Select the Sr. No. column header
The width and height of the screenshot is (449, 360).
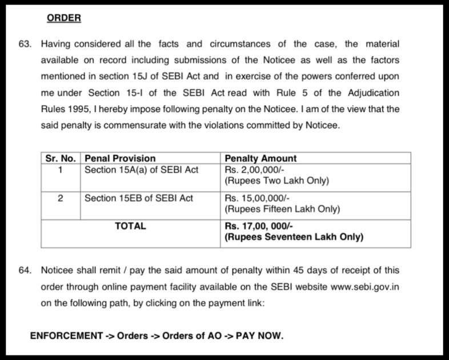[x=61, y=158]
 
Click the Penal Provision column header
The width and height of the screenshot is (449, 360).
[x=120, y=158]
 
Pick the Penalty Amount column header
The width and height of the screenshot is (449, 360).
[x=261, y=158]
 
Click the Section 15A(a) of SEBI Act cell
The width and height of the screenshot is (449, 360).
[x=141, y=170]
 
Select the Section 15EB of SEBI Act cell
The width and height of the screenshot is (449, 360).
[x=139, y=198]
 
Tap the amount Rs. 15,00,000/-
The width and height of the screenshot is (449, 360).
[x=259, y=198]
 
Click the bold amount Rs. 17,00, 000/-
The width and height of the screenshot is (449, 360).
[x=260, y=226]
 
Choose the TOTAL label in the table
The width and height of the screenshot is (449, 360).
[x=130, y=226]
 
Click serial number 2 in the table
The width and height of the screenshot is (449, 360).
[x=61, y=198]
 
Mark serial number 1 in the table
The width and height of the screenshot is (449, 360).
[x=61, y=170]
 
